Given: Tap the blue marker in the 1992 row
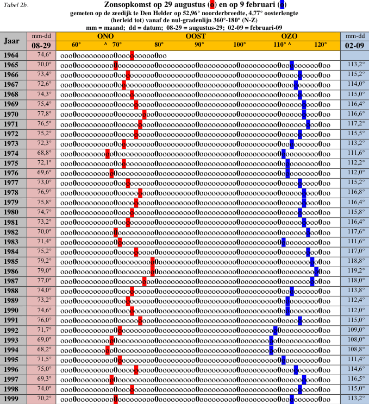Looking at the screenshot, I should click(276, 330).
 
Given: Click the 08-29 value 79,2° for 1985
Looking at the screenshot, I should click(44, 261).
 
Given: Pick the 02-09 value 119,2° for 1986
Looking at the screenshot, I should click(356, 270).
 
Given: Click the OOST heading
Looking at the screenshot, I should click(195, 36).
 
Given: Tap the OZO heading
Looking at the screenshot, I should click(290, 36).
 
